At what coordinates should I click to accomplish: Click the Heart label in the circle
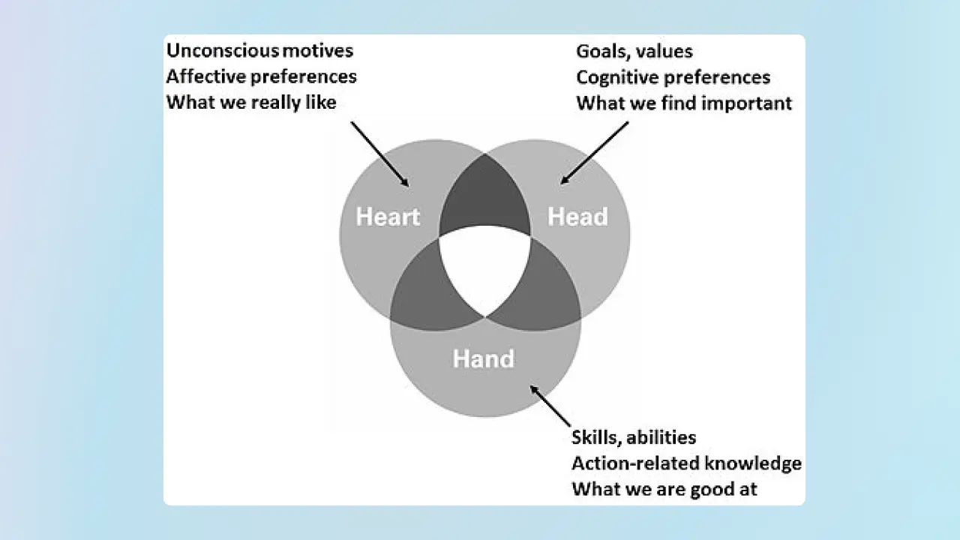(x=388, y=217)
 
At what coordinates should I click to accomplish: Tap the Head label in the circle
(x=577, y=217)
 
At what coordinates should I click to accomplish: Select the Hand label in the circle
(x=484, y=358)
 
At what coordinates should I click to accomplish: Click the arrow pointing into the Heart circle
(x=379, y=154)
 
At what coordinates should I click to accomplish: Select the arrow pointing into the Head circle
(x=595, y=153)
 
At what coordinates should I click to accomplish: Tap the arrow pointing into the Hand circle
(x=550, y=406)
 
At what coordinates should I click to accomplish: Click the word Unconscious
(x=223, y=50)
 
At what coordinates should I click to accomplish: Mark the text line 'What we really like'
(x=251, y=103)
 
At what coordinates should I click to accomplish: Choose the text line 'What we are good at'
(x=664, y=490)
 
